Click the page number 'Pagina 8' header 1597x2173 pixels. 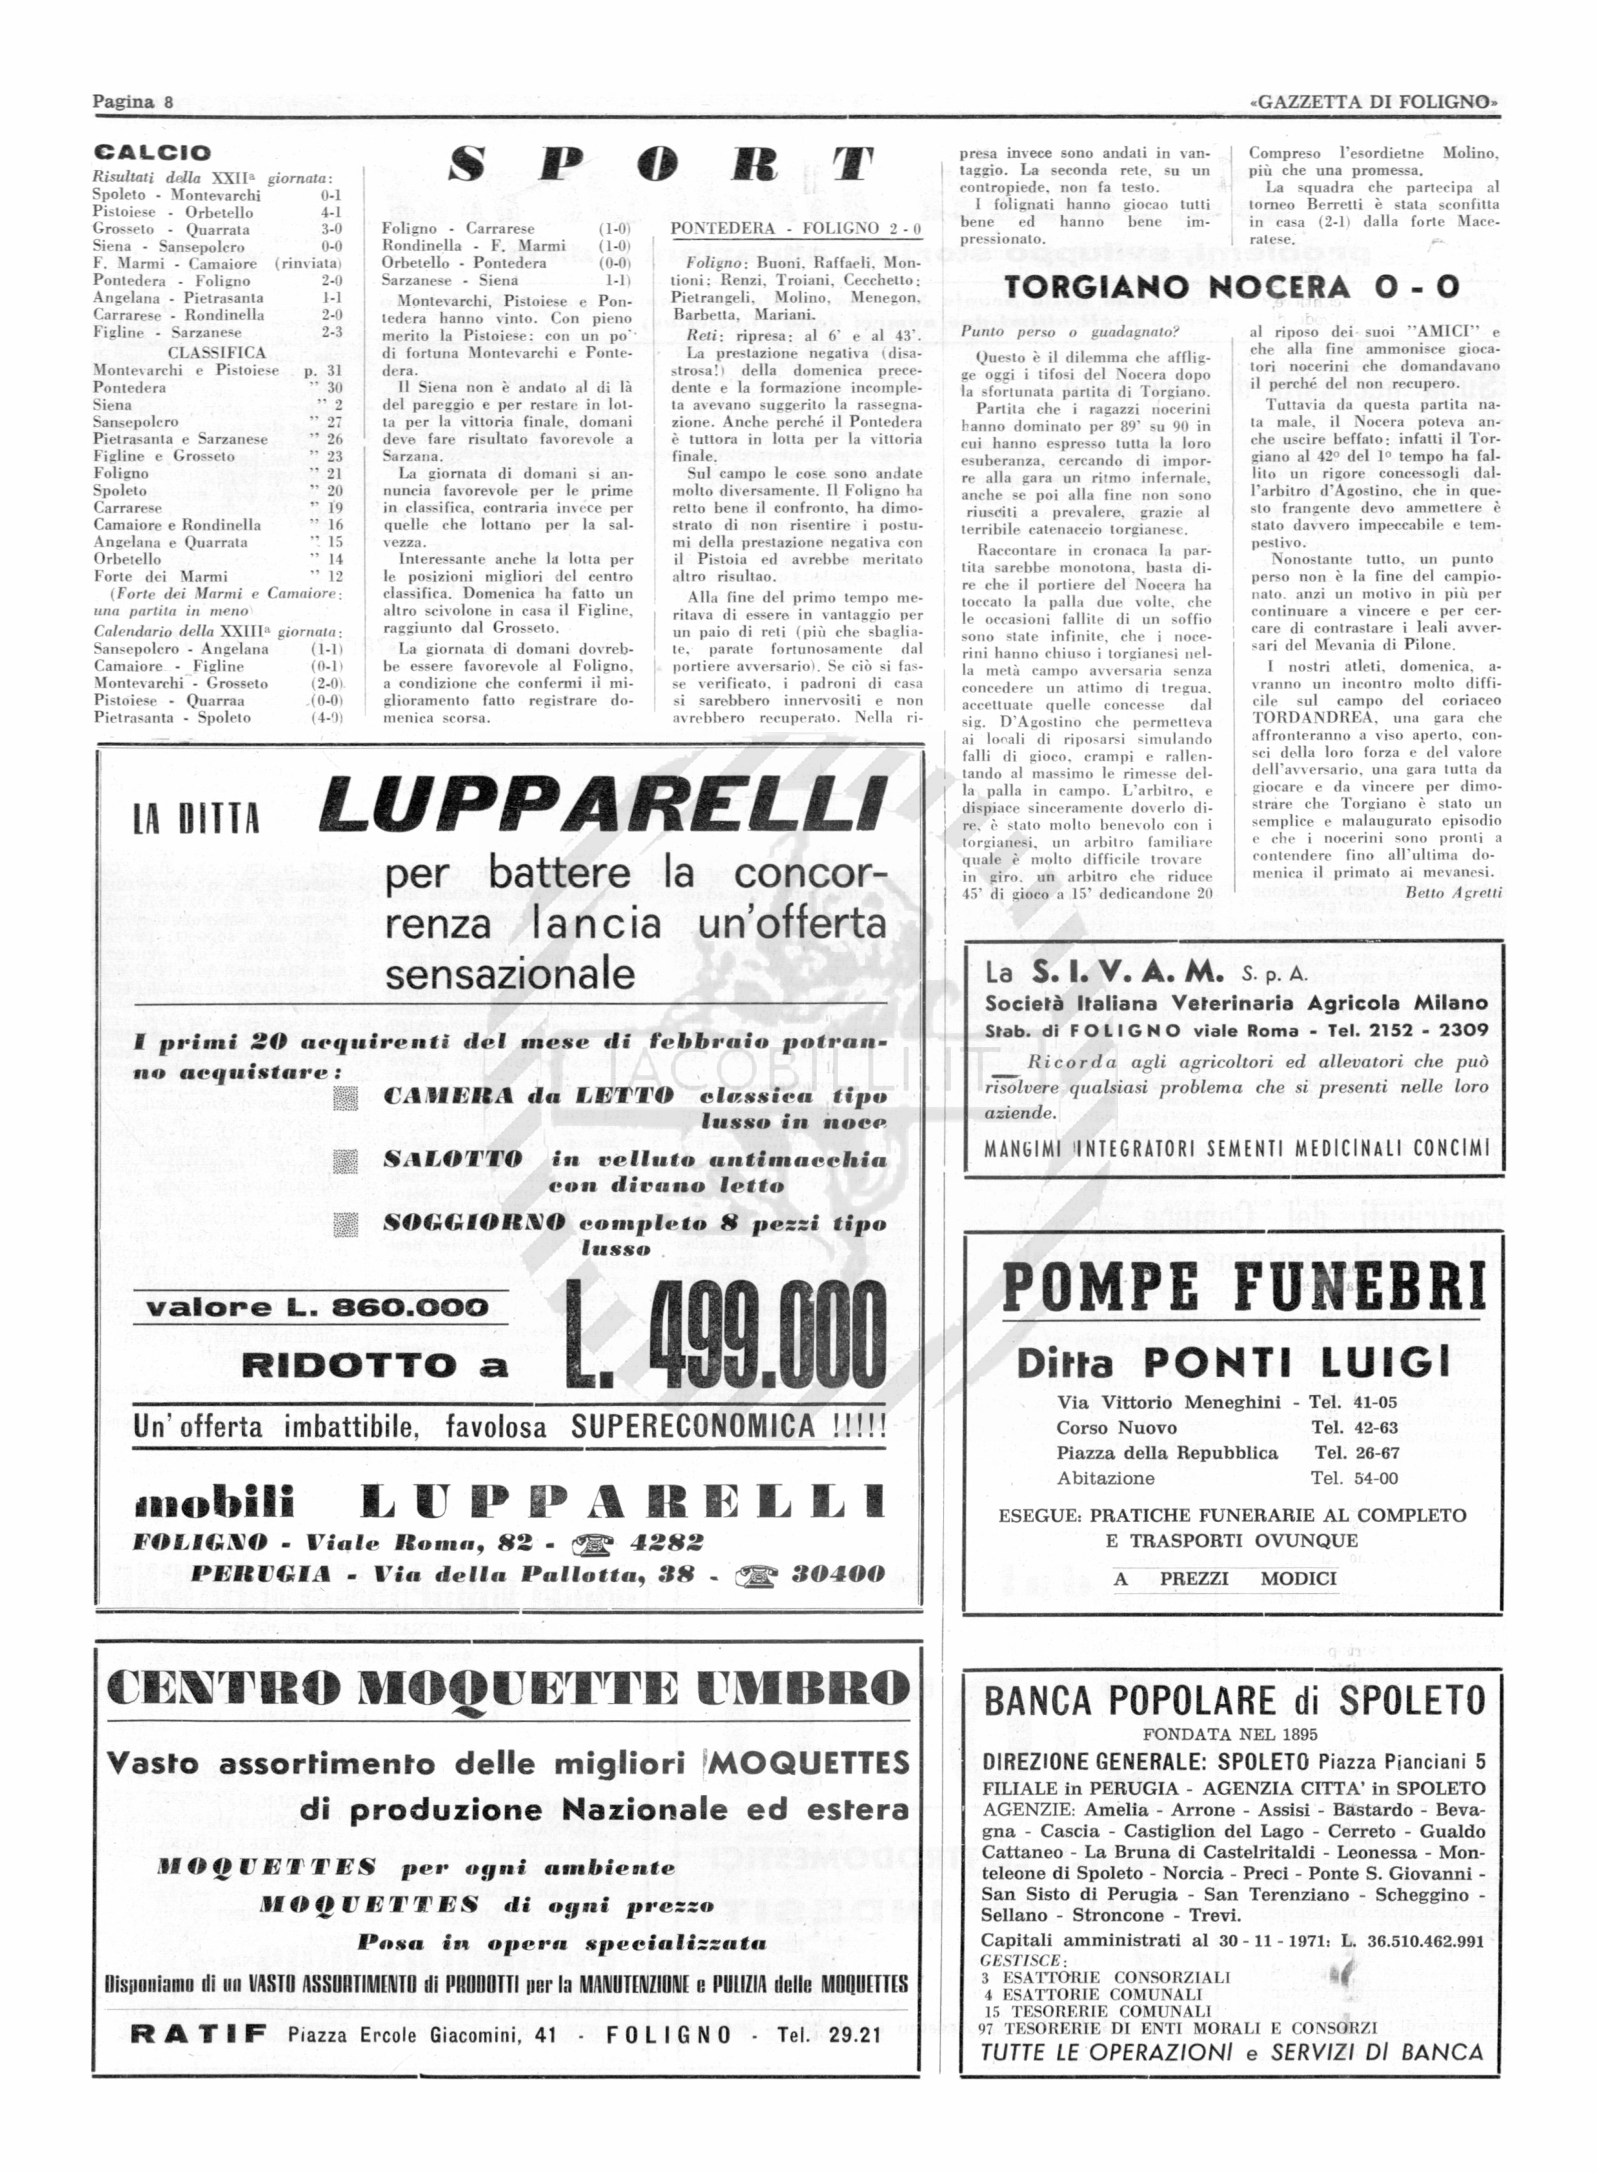point(132,102)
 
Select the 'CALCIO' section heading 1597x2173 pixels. point(152,153)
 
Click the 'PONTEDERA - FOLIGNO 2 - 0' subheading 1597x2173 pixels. point(795,229)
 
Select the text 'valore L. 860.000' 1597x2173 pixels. point(317,1308)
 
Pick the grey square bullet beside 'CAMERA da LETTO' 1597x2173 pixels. point(345,1098)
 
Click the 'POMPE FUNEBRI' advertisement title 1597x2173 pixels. point(1243,1288)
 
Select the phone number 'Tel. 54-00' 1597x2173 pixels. point(1354,1478)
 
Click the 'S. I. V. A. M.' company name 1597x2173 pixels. point(1127,972)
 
